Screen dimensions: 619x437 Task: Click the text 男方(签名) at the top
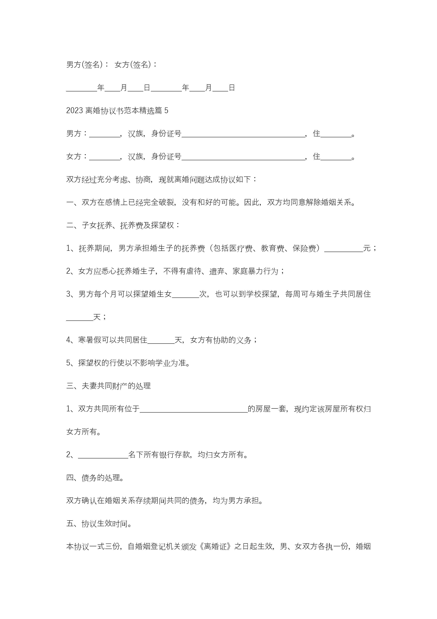pos(84,65)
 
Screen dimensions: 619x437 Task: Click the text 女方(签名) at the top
pos(133,65)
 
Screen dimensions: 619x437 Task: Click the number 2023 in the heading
pos(74,110)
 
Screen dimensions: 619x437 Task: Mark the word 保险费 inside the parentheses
pos(304,248)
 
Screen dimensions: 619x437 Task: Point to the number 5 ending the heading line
pos(166,110)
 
